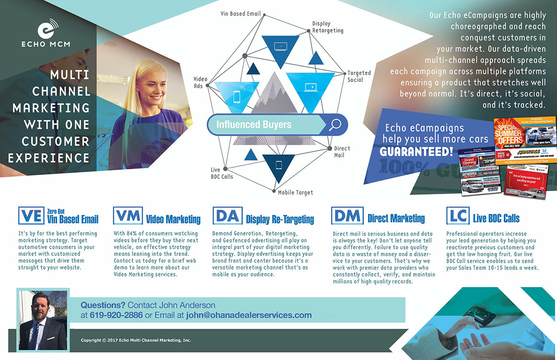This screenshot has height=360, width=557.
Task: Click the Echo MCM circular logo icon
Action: (x=46, y=29)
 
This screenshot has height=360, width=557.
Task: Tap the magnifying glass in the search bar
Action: (x=334, y=125)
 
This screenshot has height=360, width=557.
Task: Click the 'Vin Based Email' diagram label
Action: (x=240, y=13)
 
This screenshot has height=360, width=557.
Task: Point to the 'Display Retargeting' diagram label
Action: (x=328, y=27)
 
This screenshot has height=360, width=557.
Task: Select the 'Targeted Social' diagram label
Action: (x=359, y=76)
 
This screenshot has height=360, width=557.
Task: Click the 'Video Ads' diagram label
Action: (x=200, y=82)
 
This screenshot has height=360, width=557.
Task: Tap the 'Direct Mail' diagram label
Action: (x=342, y=151)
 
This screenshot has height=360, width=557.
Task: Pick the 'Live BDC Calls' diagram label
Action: (x=222, y=173)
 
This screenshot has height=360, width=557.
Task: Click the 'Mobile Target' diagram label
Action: (x=295, y=192)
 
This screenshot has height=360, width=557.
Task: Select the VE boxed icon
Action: (x=31, y=216)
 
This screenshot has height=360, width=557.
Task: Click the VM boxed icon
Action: (x=128, y=216)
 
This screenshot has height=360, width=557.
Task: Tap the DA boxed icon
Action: (x=227, y=216)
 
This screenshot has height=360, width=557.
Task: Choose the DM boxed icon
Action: (x=347, y=216)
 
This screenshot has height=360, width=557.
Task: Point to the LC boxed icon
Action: (x=457, y=216)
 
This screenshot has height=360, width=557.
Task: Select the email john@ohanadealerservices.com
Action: (x=249, y=315)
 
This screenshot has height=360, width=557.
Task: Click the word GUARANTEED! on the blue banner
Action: (x=416, y=152)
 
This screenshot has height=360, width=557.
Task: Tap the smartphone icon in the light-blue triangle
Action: (x=237, y=96)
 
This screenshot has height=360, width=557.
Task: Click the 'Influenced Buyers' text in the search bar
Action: (x=254, y=125)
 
